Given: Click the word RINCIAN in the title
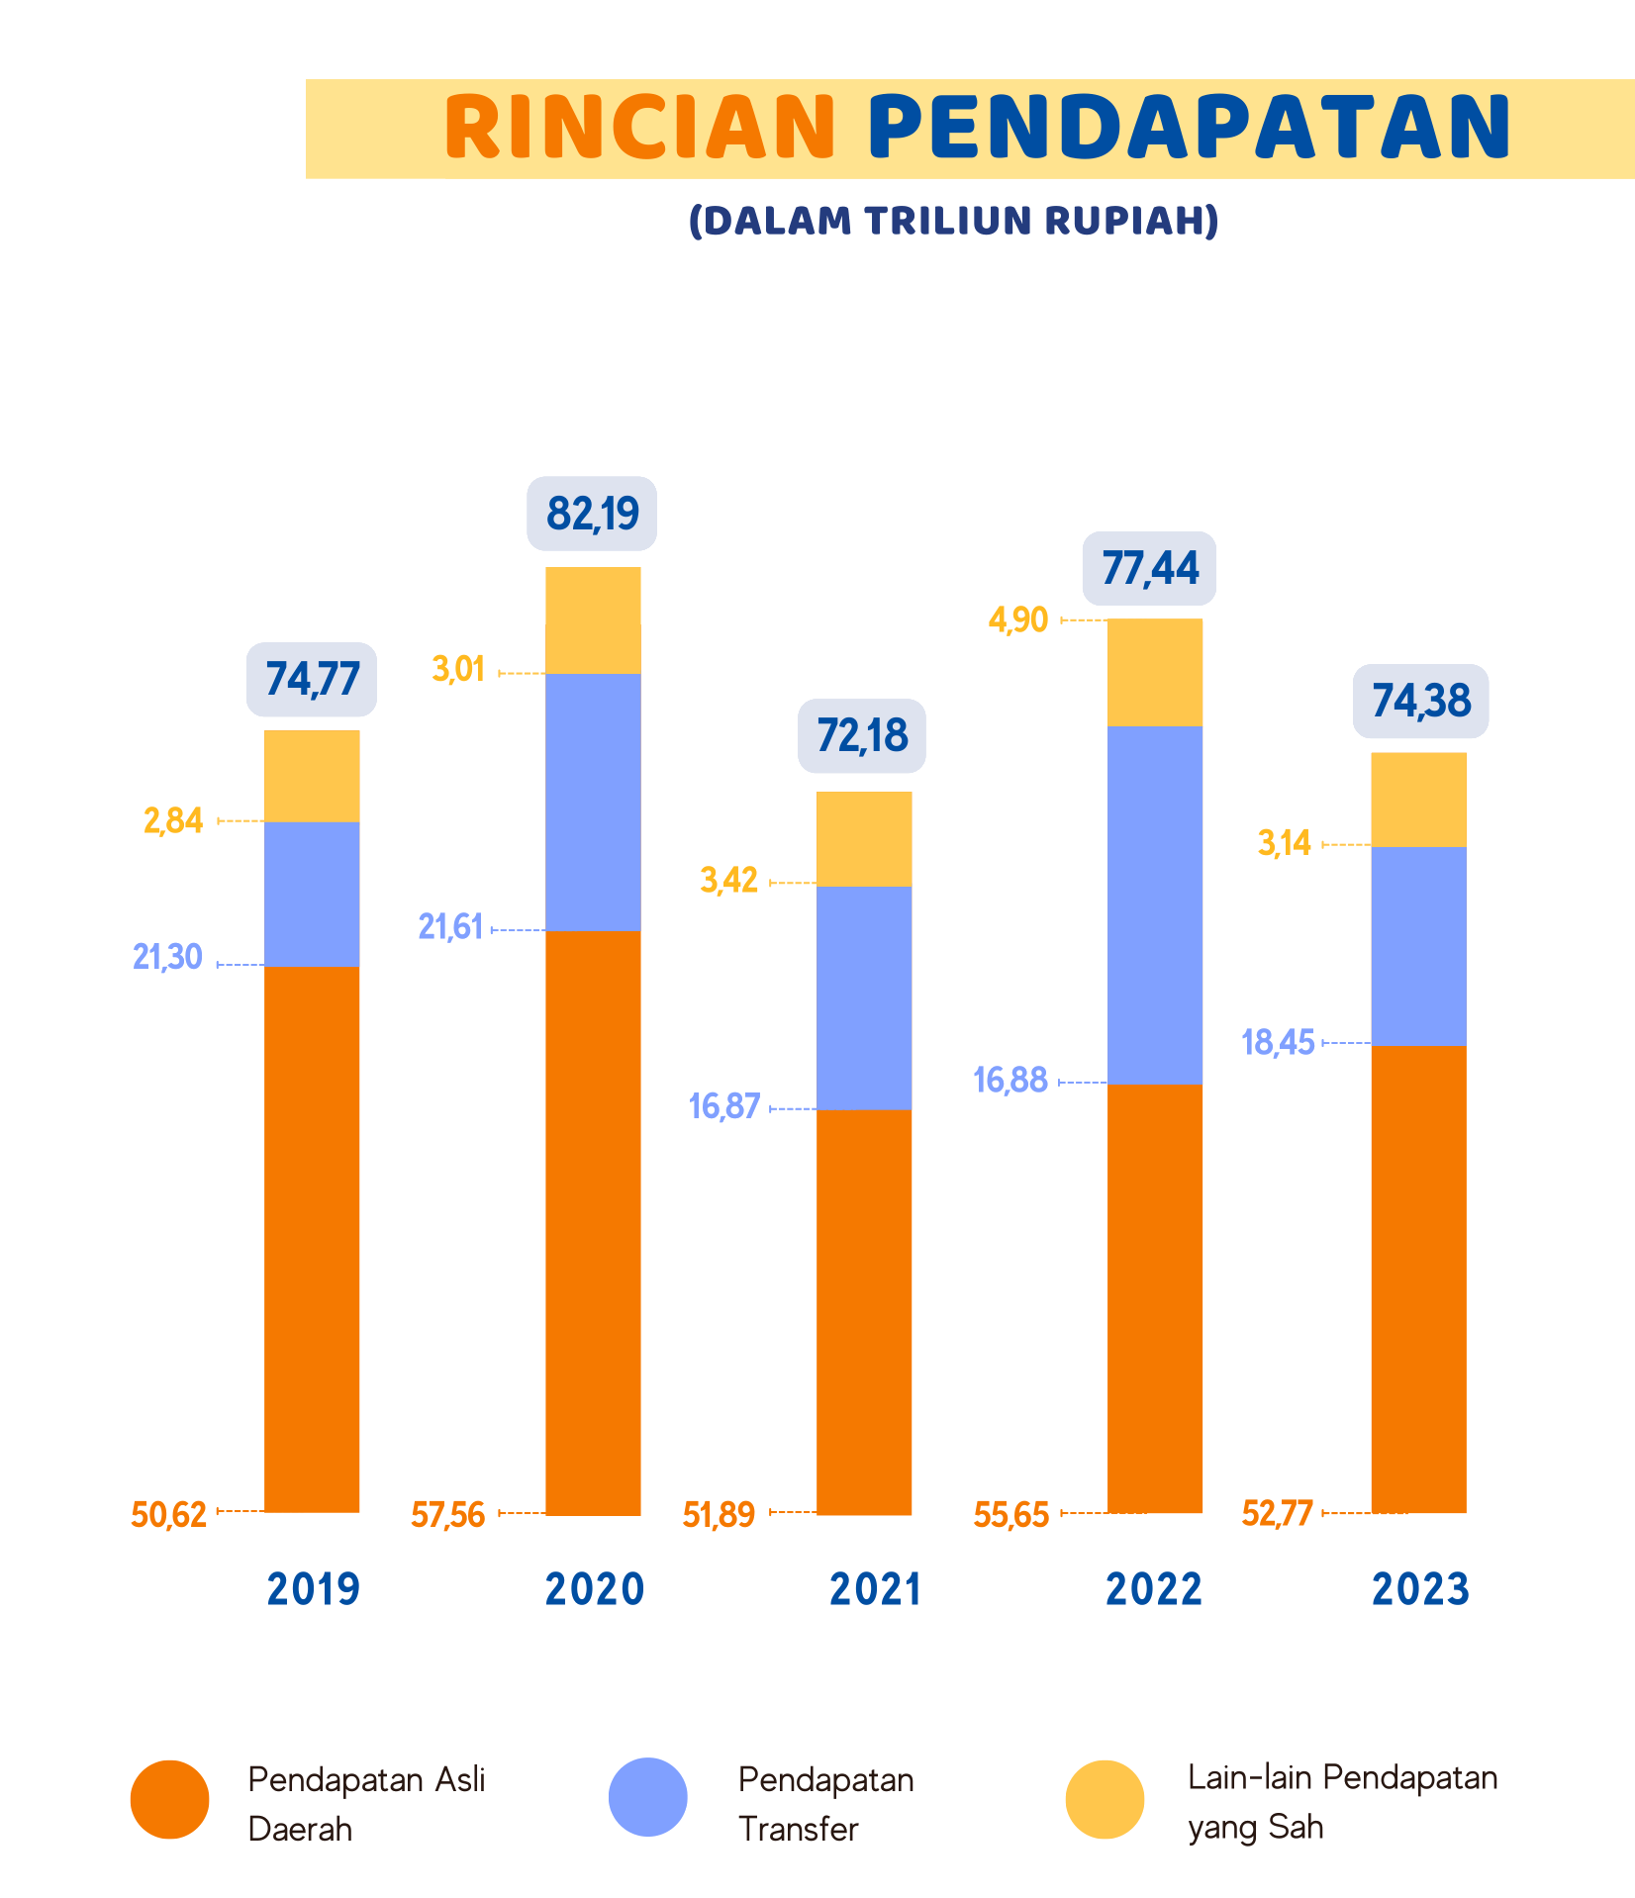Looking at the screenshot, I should click(x=640, y=128).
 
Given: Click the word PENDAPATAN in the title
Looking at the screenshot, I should click(x=1190, y=128).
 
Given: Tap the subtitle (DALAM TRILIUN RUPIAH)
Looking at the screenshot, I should click(x=953, y=221).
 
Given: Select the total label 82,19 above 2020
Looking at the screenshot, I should click(x=592, y=514).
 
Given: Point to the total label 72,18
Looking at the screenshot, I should click(x=862, y=736).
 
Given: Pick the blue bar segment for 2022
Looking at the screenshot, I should click(x=1155, y=903).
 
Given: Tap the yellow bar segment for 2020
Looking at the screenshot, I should click(x=593, y=620).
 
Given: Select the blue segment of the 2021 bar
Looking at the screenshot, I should click(x=864, y=996).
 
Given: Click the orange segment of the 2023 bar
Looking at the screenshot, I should click(x=1418, y=1279).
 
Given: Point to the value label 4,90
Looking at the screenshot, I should click(x=1017, y=619).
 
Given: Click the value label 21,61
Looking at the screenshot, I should click(x=450, y=927).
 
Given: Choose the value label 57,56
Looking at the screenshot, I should click(x=448, y=1514).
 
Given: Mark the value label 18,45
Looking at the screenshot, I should click(x=1278, y=1042).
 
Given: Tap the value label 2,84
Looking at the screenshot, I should click(x=173, y=820).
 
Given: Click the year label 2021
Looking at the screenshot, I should click(x=875, y=1589).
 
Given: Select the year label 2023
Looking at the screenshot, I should click(x=1420, y=1589).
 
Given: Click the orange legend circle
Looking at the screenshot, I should click(x=169, y=1799).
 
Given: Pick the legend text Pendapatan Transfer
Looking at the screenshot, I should click(x=825, y=1803).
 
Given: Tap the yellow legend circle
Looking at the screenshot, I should click(x=1105, y=1799).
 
